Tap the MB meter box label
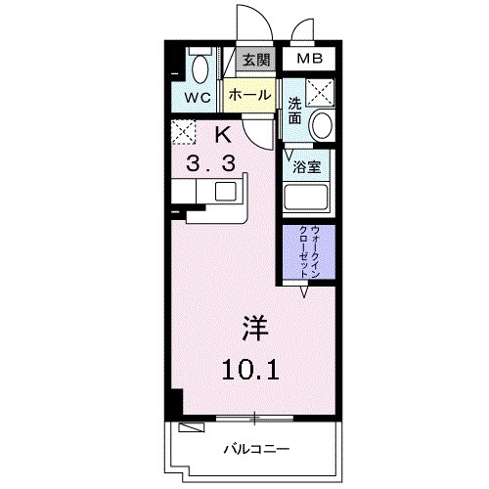click(309, 60)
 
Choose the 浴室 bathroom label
click(308, 165)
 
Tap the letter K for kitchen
click(221, 135)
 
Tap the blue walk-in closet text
click(308, 249)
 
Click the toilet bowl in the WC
click(201, 67)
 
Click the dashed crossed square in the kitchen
click(183, 130)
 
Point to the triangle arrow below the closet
click(304, 291)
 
